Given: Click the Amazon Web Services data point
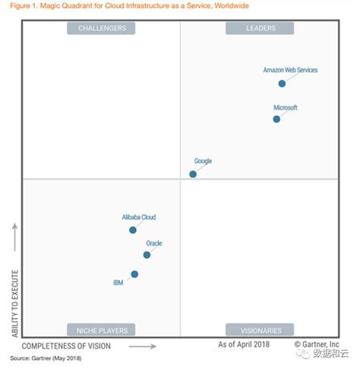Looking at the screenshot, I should point(282,84).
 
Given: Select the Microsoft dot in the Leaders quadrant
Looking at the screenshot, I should point(276,118).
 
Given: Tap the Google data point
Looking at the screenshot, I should point(193,174).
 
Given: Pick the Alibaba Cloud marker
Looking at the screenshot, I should point(133,229).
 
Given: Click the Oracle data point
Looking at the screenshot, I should point(147,254).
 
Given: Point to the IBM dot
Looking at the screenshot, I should point(134,274).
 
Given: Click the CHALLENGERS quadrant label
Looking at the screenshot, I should point(102,28).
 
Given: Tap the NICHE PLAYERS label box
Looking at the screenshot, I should point(102,330).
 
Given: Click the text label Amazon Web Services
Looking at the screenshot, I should point(290,70).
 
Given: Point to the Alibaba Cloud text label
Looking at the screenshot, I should point(139,217).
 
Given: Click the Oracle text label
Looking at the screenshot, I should point(154,243).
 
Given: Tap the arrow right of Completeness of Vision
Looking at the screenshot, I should point(143,346).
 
